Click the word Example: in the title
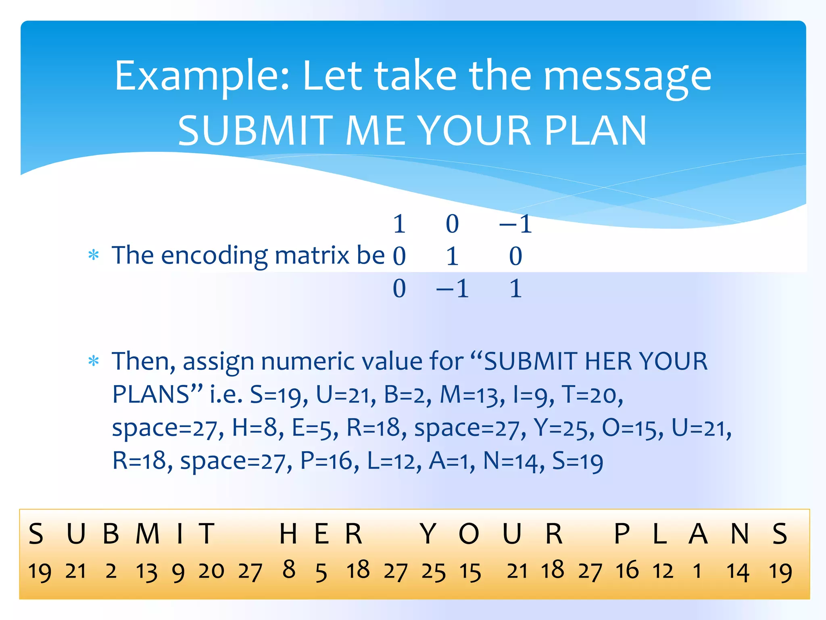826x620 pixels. point(202,77)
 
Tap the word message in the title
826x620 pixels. point(627,77)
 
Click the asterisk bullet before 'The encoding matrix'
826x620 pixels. point(94,256)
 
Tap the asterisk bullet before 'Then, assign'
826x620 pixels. point(94,361)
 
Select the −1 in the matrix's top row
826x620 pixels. point(516,224)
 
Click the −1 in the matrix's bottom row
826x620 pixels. point(453,289)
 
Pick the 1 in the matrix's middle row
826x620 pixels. point(453,256)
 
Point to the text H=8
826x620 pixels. point(254,428)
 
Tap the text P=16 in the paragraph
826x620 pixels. point(327,461)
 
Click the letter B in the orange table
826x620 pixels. point(111,534)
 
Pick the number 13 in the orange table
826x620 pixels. point(146,572)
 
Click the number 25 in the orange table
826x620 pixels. point(434,572)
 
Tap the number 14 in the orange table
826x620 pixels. point(738,572)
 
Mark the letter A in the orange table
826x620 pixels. point(698,534)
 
